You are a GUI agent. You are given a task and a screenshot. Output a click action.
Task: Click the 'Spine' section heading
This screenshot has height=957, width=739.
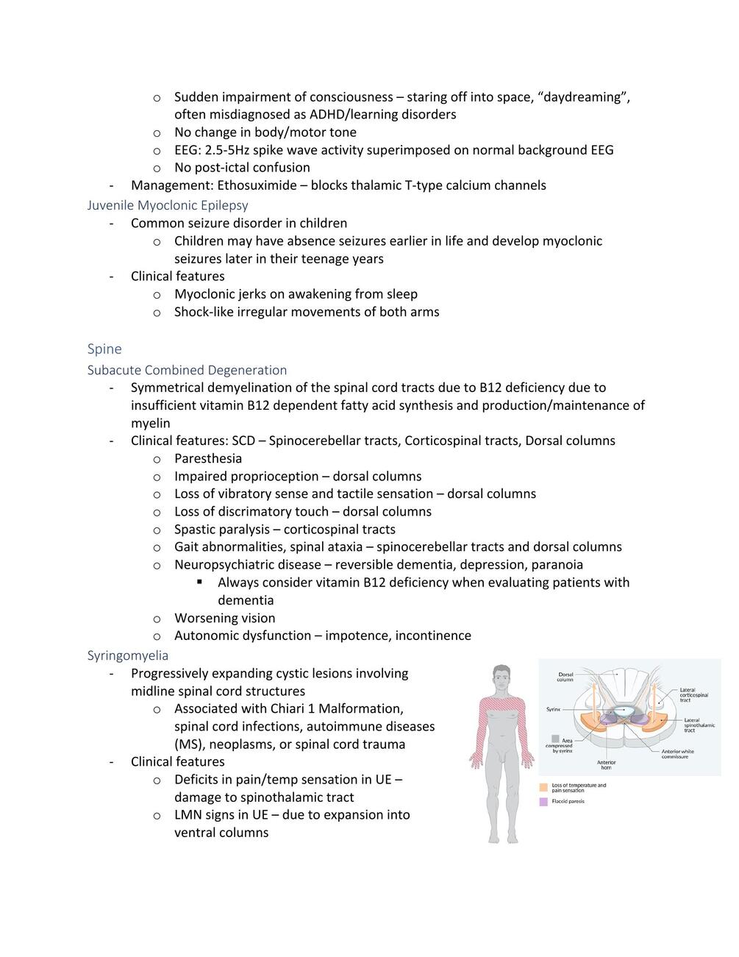click(104, 349)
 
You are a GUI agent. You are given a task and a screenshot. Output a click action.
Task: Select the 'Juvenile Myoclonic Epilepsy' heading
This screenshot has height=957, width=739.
click(168, 205)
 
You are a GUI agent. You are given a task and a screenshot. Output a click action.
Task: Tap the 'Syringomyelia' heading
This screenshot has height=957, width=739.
click(128, 655)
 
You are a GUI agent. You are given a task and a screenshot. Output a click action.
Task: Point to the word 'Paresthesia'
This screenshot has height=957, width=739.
click(208, 458)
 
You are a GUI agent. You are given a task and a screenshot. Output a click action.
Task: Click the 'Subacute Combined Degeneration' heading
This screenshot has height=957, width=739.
click(187, 370)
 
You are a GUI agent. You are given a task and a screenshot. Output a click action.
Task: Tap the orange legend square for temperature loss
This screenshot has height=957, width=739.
click(543, 787)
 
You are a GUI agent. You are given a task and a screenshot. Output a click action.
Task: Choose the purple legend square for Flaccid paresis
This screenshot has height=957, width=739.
click(543, 802)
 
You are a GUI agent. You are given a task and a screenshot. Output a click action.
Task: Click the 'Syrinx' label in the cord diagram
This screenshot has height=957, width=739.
click(554, 710)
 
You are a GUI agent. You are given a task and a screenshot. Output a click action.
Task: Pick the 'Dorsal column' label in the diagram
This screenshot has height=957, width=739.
click(565, 677)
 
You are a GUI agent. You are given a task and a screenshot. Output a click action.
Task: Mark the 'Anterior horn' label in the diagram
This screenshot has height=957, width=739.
click(606, 765)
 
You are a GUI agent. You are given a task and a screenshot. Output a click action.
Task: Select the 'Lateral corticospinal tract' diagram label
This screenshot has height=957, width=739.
click(693, 694)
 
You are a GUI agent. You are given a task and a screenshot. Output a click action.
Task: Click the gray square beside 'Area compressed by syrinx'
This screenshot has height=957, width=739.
click(555, 739)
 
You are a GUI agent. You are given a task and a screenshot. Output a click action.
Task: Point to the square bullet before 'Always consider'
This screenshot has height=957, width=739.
click(199, 582)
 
